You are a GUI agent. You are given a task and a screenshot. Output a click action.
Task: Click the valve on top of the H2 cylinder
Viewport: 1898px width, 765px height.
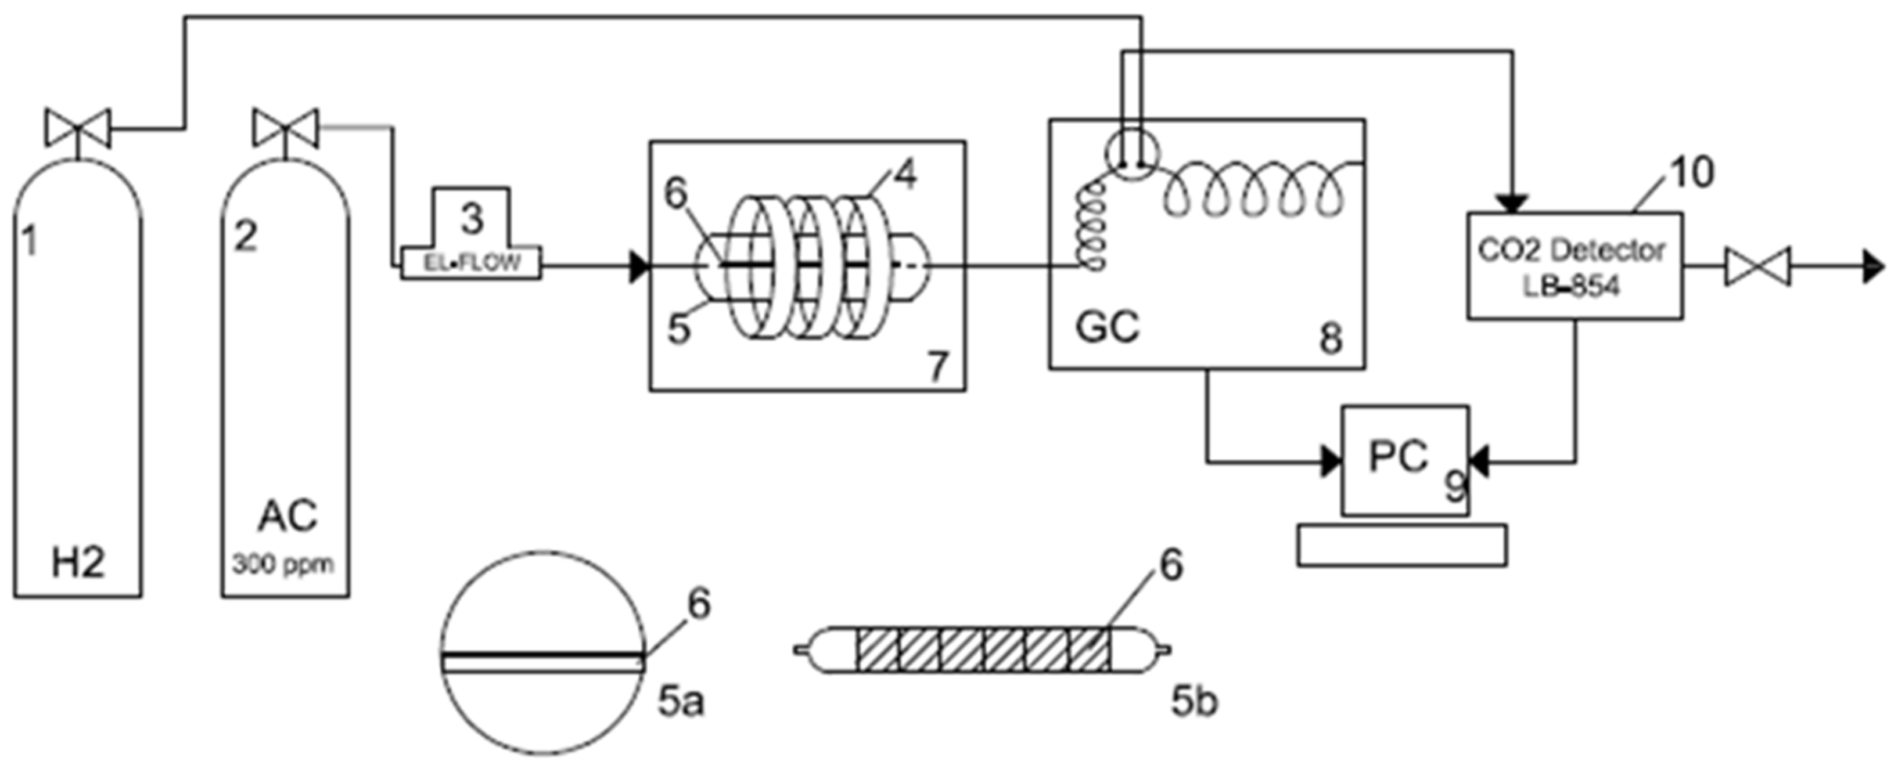[77, 128]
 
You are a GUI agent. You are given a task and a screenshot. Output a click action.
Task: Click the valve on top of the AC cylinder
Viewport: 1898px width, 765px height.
[285, 128]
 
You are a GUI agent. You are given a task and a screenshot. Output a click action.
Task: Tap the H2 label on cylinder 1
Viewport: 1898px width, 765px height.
[78, 562]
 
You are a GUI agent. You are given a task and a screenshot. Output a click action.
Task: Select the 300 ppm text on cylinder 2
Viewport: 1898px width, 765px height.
[283, 565]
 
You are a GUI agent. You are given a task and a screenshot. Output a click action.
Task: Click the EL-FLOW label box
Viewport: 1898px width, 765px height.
[472, 263]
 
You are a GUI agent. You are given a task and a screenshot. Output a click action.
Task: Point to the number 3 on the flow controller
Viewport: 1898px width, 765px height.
[472, 219]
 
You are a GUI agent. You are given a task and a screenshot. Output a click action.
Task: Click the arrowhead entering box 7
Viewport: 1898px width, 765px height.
[639, 267]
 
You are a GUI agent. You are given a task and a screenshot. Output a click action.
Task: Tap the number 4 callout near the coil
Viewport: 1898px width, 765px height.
[905, 175]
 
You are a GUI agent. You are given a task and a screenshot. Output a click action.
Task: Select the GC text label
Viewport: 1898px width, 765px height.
[1106, 326]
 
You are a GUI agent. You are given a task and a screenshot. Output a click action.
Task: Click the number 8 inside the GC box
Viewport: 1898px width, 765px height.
[1331, 340]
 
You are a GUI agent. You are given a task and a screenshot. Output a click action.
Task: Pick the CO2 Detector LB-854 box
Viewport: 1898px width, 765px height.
[1574, 266]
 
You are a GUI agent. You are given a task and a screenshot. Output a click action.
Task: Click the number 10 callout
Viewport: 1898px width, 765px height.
[1692, 173]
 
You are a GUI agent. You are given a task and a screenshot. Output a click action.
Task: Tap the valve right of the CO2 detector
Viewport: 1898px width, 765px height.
[1757, 267]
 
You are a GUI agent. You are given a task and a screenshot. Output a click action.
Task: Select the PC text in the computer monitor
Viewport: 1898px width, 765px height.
[1398, 456]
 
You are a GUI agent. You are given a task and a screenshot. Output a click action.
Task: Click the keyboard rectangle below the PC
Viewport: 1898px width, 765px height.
[1401, 545]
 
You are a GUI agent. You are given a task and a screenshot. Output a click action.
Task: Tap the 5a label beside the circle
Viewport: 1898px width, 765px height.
[681, 702]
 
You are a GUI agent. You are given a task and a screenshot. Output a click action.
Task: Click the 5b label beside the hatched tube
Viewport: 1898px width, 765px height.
[1194, 702]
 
